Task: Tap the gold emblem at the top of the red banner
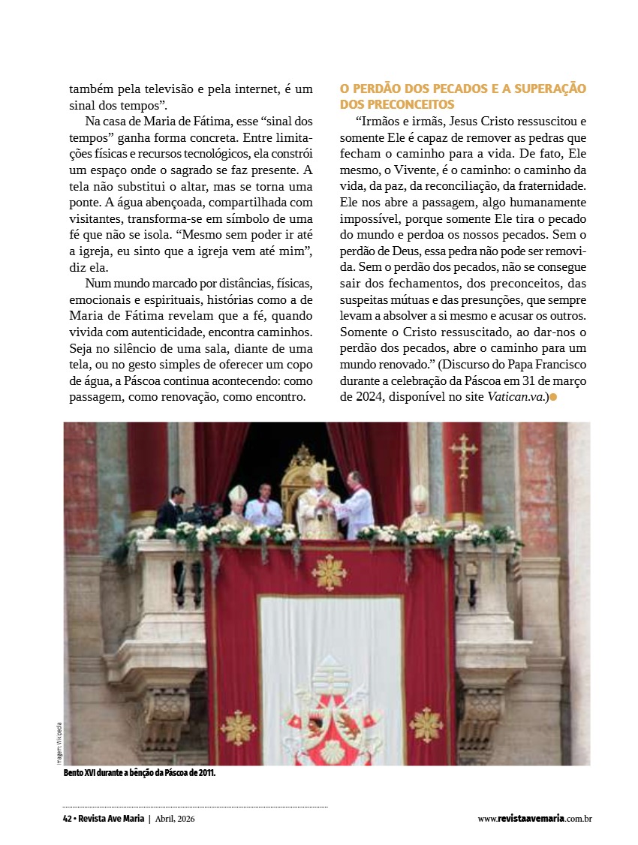point(329,573)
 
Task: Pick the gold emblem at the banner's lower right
point(426,724)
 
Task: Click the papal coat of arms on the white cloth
point(330,713)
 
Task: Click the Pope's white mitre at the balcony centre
point(318,473)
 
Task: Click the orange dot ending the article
point(553,396)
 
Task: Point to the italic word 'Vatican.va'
point(514,396)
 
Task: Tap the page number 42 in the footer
point(67,818)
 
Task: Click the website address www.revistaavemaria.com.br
point(534,818)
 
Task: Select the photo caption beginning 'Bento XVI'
point(140,773)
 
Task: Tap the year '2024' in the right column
point(354,396)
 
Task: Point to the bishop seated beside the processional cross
point(420,510)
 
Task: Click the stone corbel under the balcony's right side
point(481,713)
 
